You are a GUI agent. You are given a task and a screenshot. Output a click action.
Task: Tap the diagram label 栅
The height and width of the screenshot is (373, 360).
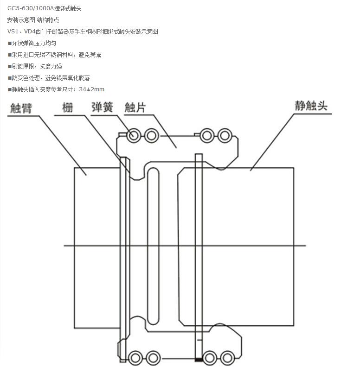pyautogui.click(x=69, y=107)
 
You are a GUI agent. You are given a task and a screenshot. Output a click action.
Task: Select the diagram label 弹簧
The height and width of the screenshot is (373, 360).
pyautogui.click(x=102, y=107)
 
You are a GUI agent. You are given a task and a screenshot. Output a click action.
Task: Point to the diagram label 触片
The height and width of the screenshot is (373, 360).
pyautogui.click(x=135, y=107)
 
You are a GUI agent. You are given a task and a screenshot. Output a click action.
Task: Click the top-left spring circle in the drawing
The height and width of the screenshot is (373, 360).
pyautogui.click(x=134, y=136)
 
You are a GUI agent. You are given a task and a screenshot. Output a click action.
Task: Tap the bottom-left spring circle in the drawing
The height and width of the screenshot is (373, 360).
pyautogui.click(x=135, y=358)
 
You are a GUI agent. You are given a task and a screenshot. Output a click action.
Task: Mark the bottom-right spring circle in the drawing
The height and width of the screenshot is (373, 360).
pyautogui.click(x=227, y=358)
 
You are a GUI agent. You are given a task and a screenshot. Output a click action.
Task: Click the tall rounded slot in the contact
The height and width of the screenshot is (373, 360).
pyautogui.click(x=153, y=245)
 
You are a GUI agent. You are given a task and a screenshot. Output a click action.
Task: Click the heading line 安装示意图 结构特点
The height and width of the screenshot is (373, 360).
pyautogui.click(x=33, y=20)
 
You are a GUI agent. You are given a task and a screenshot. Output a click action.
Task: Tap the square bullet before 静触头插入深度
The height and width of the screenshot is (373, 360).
pyautogui.click(x=9, y=89)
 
